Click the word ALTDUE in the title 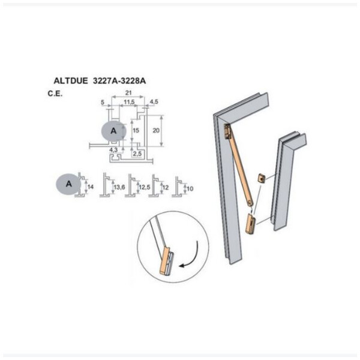[70, 81]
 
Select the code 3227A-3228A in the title [119, 81]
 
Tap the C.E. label [55, 94]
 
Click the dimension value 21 [128, 93]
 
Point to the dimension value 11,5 [129, 102]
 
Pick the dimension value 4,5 [154, 101]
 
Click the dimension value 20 [156, 130]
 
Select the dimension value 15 [136, 130]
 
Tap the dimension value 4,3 [113, 150]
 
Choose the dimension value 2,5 [137, 154]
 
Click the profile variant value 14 [91, 187]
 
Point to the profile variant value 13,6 [119, 187]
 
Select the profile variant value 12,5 [145, 187]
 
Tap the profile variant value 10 [190, 188]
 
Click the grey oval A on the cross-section [113, 131]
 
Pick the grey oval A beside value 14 [68, 184]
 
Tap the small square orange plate [261, 178]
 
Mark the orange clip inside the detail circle [164, 260]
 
